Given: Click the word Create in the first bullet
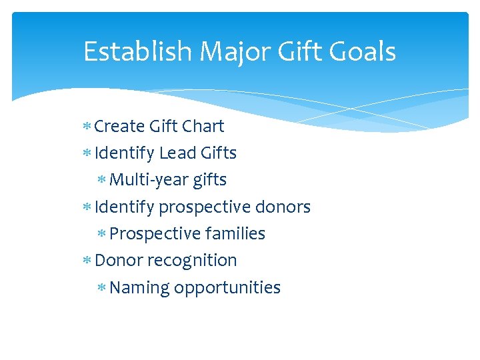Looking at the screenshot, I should click(120, 126).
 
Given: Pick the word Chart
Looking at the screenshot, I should click(203, 126).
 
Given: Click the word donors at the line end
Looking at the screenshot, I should click(283, 207).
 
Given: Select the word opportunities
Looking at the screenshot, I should click(227, 288).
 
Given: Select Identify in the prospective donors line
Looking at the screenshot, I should click(124, 207).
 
